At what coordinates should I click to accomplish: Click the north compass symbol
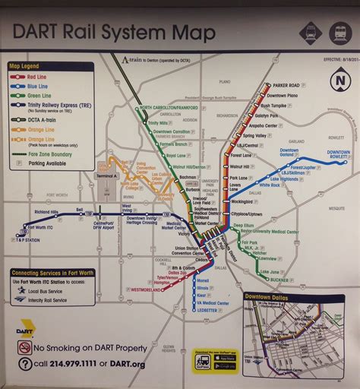338,80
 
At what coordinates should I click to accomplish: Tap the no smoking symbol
25,347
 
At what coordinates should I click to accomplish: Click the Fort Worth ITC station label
41,226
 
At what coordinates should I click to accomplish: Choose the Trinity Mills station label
158,123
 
